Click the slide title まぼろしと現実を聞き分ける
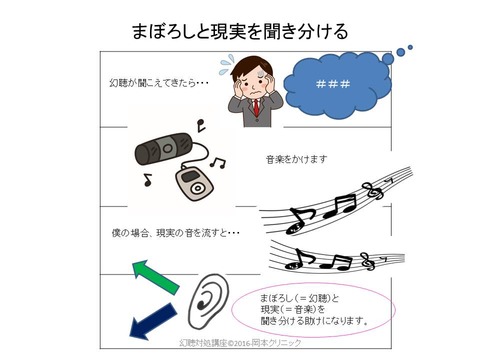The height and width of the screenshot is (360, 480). point(240,31)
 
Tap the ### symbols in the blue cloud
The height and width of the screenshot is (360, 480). point(333,84)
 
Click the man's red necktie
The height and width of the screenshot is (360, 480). point(256,107)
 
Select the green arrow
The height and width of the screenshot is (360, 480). point(155,277)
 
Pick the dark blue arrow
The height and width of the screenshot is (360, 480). point(153,321)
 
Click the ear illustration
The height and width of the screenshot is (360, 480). point(209,301)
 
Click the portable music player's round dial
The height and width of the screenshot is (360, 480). point(198,189)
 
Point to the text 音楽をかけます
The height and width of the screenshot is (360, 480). point(296,159)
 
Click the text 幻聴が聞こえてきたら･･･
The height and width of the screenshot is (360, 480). point(159,82)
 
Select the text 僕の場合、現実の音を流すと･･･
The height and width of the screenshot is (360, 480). point(175,233)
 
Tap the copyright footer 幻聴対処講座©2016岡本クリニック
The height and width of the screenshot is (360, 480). point(240,343)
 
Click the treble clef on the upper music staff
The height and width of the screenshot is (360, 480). point(373,191)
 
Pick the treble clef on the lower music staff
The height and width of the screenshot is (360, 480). point(368,261)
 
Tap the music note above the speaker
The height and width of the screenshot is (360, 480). point(201,125)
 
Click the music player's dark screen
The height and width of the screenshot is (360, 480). point(189,176)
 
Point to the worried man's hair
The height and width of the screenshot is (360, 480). point(252,66)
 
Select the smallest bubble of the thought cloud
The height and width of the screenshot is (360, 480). point(410,47)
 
